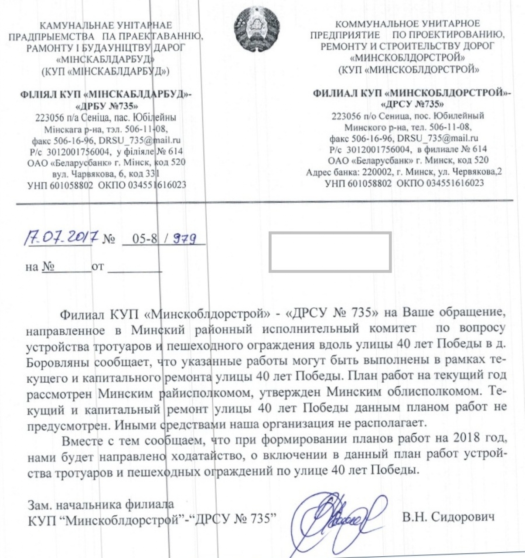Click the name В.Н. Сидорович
coord(449,517)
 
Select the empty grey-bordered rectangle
coord(330,252)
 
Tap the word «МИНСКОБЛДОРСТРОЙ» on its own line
coord(407,58)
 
